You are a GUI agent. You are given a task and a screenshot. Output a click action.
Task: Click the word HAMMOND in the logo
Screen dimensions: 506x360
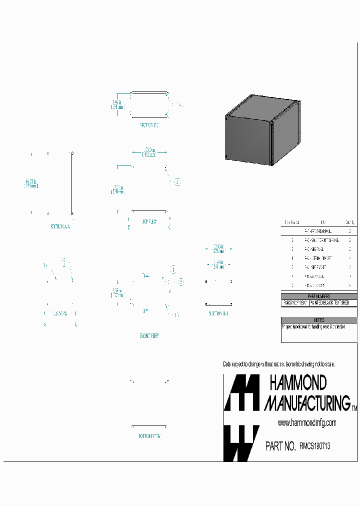[x=298, y=383]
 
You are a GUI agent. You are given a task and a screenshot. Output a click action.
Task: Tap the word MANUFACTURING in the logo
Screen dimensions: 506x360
[x=307, y=402]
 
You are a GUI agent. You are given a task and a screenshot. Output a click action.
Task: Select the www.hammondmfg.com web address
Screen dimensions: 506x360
[x=307, y=422]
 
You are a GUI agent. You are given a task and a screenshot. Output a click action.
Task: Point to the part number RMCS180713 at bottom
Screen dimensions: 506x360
[x=314, y=446]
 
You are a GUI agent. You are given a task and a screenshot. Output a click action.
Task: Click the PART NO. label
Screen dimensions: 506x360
[x=280, y=446]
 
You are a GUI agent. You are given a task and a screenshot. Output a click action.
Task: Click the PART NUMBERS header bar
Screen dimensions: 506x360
[x=319, y=296]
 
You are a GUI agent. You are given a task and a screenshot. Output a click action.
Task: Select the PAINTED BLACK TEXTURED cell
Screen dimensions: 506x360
[x=333, y=303]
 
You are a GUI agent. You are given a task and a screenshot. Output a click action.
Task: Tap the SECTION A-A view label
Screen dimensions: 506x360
[x=60, y=226]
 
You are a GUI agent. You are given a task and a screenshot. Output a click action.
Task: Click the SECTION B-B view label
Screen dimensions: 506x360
[x=219, y=313]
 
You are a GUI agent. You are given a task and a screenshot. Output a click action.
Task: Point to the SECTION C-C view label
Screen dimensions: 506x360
[x=149, y=125]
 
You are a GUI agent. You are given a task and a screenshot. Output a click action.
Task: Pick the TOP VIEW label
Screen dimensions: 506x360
[x=149, y=221]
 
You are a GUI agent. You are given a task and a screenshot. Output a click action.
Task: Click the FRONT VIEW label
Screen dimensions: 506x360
[x=149, y=336]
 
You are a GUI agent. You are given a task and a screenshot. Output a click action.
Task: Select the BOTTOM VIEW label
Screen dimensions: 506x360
[x=149, y=436]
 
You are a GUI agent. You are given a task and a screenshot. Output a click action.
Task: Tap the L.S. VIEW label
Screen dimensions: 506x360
[x=60, y=313]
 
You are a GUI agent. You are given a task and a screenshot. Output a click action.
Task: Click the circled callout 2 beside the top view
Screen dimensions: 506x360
[x=177, y=182]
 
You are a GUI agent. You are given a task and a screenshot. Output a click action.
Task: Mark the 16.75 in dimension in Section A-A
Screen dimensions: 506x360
[x=31, y=182]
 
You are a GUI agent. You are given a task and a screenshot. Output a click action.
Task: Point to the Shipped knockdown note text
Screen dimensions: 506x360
[x=313, y=326]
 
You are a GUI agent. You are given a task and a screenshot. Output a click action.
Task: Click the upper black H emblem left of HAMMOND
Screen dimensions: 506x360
[x=241, y=392]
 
